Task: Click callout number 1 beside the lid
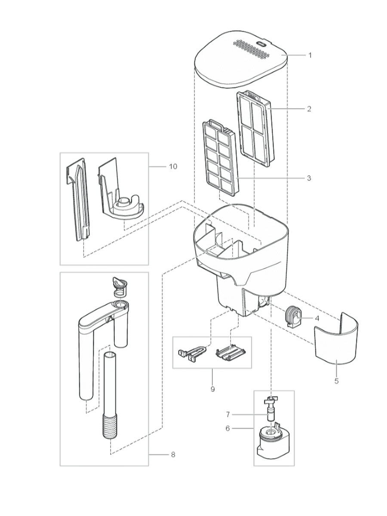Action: tap(309, 55)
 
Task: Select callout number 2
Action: tap(309, 109)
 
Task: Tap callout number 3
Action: tap(309, 178)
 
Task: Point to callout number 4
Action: tap(317, 319)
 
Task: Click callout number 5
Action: tap(336, 381)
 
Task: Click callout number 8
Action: tap(173, 455)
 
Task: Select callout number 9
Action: tap(212, 389)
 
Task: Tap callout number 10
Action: tap(173, 166)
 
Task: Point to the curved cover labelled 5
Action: tap(335, 344)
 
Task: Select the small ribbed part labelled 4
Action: tap(292, 317)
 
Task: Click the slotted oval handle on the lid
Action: tap(261, 44)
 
